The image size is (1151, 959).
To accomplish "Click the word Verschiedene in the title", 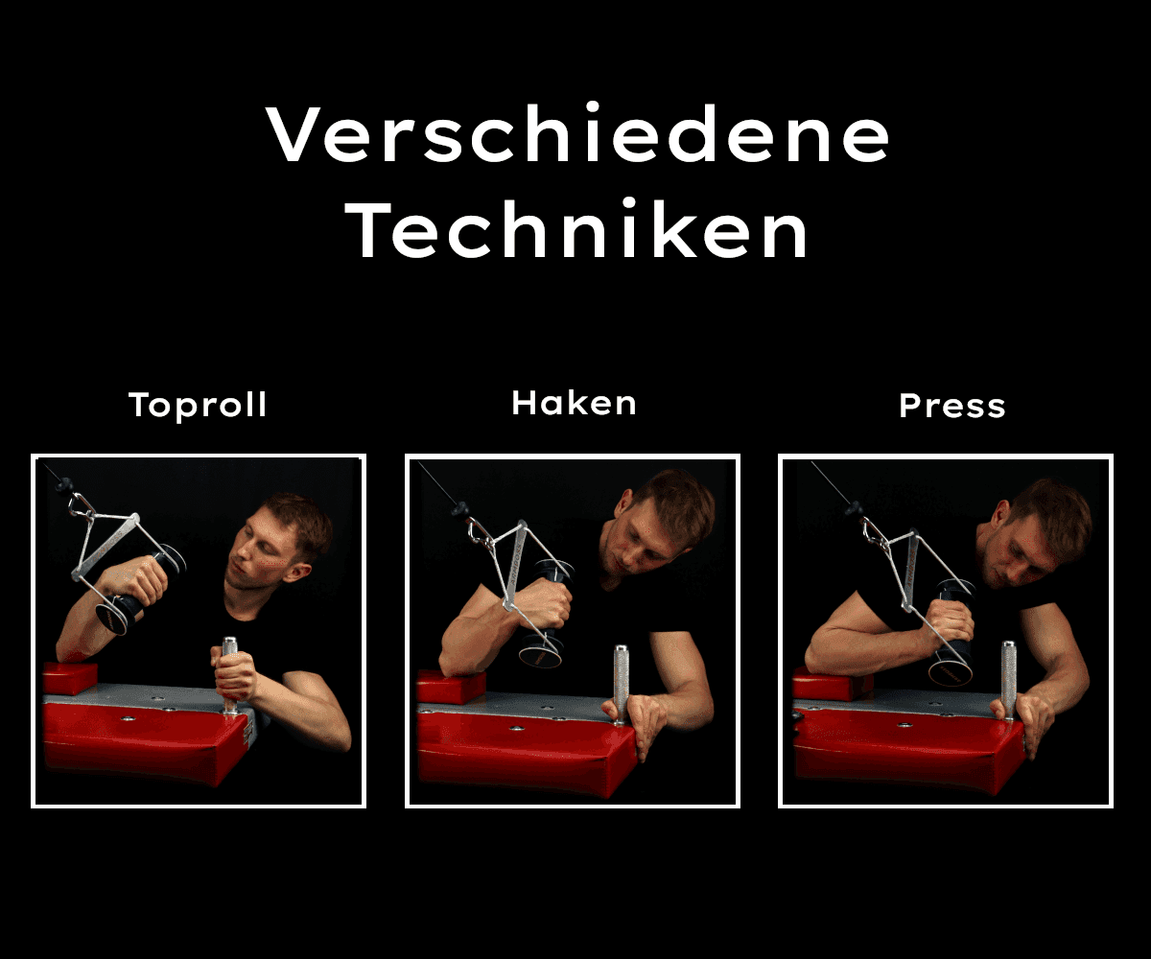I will click(x=579, y=134).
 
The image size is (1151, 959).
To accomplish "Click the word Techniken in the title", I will click(x=579, y=232).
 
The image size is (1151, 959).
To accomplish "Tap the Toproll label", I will click(x=199, y=406).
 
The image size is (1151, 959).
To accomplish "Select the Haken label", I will click(x=574, y=403).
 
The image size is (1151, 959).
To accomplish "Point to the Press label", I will click(x=951, y=406).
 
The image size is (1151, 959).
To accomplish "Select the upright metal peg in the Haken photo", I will click(x=621, y=681).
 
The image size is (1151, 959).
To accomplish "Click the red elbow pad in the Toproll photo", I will click(x=70, y=677).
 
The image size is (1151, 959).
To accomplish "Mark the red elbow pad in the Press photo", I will click(x=831, y=683).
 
